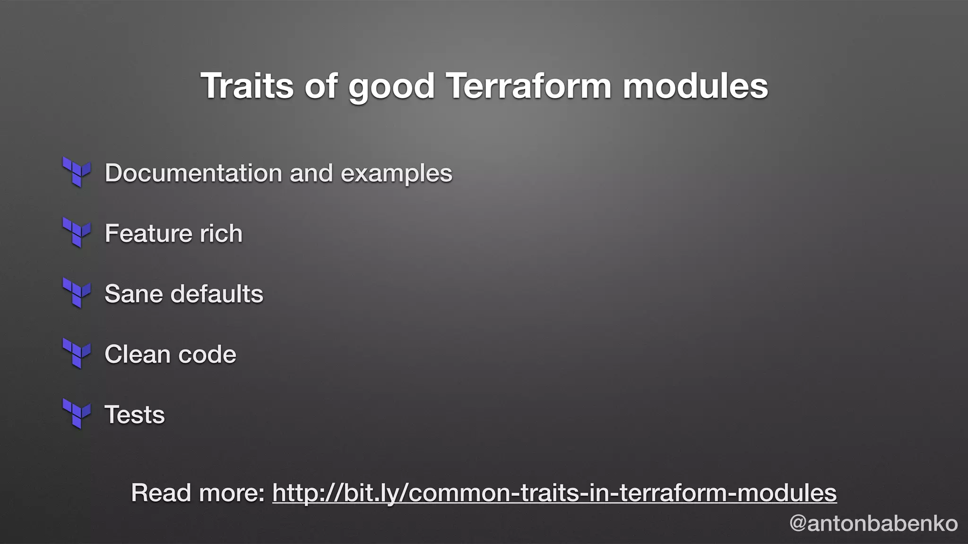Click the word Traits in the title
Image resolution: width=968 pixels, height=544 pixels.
[x=247, y=86]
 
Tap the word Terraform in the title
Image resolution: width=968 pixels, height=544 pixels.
[x=528, y=86]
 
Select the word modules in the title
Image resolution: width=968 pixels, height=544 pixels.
[x=695, y=86]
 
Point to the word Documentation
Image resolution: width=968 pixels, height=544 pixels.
[x=193, y=173]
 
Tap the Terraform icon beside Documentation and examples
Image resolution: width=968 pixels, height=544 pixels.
[x=77, y=172]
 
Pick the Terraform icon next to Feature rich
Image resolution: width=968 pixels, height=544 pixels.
[x=77, y=233]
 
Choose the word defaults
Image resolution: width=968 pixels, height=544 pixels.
[x=216, y=294]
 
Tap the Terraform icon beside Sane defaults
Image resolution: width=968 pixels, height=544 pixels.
[x=77, y=293]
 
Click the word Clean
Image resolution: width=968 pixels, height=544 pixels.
[x=137, y=354]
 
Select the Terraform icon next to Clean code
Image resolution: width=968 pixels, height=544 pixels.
[x=77, y=354]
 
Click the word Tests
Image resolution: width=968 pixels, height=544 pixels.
[x=135, y=415]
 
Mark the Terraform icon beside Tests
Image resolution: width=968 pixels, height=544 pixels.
[x=77, y=414]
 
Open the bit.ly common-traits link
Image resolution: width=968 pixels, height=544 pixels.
[x=554, y=493]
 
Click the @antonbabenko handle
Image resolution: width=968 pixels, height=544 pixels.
[x=873, y=523]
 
